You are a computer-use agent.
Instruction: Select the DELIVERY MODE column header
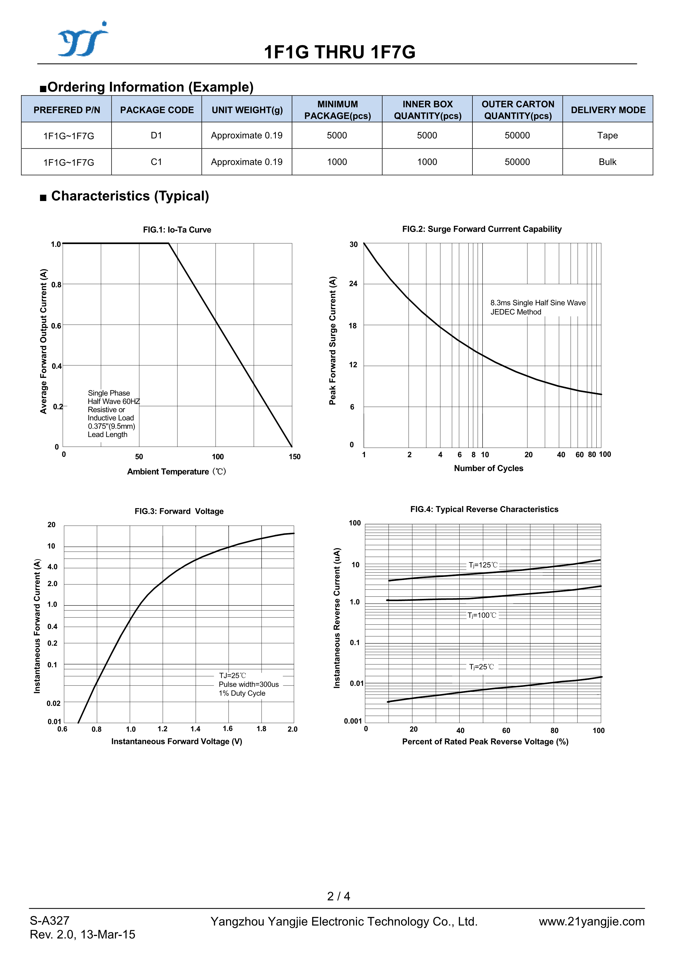tap(608, 110)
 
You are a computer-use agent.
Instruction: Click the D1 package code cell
tap(156, 135)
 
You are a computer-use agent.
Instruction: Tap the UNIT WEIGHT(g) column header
tap(247, 110)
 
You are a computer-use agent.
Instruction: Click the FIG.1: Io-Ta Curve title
tap(177, 230)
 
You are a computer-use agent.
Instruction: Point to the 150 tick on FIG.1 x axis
tap(294, 456)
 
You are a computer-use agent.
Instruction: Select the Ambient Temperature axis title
tap(176, 471)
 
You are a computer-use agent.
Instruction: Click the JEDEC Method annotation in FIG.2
tap(516, 312)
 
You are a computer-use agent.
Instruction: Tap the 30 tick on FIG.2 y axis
tap(354, 244)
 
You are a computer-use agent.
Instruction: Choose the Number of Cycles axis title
tap(489, 468)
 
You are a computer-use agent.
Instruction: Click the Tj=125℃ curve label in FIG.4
tap(483, 565)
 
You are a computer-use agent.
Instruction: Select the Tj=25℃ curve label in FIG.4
tap(481, 667)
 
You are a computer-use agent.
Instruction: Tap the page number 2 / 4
tap(339, 896)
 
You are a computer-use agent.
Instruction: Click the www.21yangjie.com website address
tap(591, 921)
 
